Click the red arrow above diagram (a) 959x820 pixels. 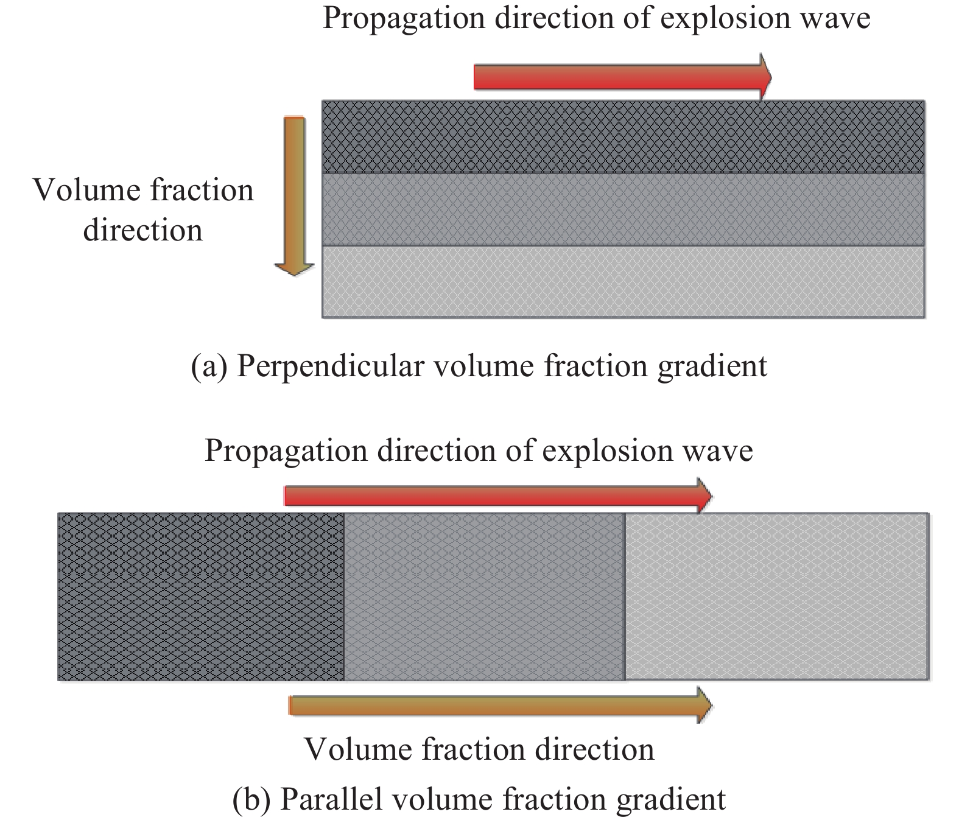coord(622,77)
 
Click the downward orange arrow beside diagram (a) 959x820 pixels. coord(294,197)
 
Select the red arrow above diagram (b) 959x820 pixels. coord(498,496)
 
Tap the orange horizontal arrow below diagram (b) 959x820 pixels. coord(501,706)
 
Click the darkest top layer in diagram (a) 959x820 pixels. coord(623,137)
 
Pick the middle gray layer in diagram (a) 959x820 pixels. coord(623,209)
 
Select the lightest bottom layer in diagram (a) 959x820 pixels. coord(623,282)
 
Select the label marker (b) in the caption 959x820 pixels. coord(251,799)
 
